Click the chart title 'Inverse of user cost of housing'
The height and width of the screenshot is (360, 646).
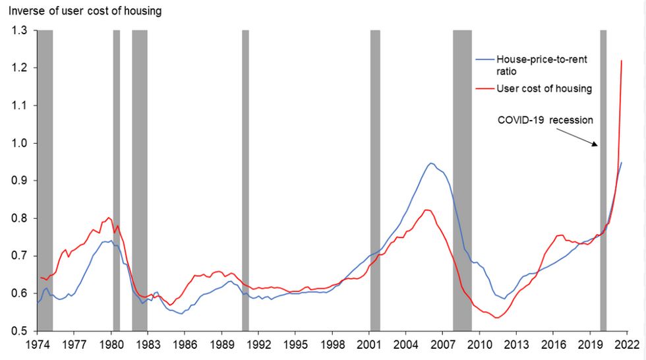(x=84, y=11)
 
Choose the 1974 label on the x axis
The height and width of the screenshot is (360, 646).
(x=36, y=344)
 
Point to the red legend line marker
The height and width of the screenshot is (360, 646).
(x=486, y=88)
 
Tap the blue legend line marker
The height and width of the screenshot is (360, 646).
(x=486, y=59)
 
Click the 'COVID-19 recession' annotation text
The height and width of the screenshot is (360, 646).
(x=545, y=121)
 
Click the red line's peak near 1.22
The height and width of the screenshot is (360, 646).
(x=622, y=61)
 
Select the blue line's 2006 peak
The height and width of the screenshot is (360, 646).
(x=430, y=163)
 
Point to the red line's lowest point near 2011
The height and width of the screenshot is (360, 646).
(x=496, y=318)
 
